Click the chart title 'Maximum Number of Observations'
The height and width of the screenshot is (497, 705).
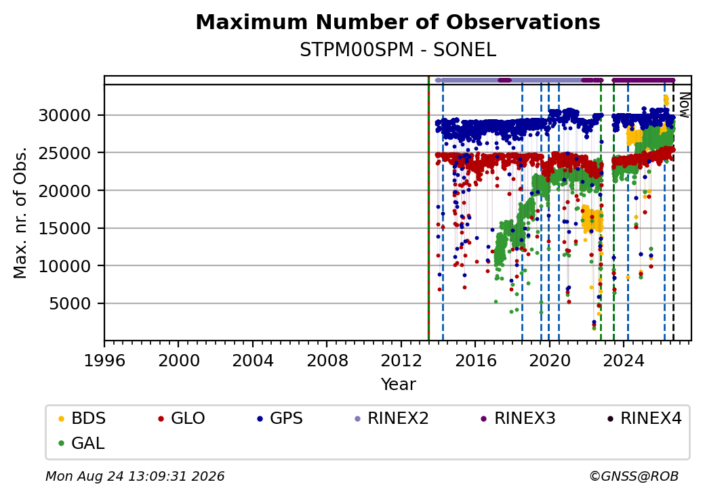tap(398, 22)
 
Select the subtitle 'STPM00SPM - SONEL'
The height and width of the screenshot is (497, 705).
tap(398, 50)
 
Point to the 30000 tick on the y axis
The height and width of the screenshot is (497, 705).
tap(65, 115)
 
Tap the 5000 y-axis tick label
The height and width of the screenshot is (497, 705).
tap(70, 304)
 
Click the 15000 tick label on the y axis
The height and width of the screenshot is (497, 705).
tap(65, 228)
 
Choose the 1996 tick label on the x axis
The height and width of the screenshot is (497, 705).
tap(104, 360)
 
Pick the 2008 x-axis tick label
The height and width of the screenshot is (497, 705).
tap(327, 360)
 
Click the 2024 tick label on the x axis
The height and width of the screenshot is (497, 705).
tap(624, 360)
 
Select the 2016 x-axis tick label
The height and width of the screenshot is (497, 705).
tap(475, 360)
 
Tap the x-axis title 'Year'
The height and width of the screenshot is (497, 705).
tap(399, 385)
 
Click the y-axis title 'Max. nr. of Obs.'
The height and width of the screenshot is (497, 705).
tap(20, 213)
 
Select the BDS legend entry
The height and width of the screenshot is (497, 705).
tap(82, 418)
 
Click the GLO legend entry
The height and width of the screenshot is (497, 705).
tap(182, 418)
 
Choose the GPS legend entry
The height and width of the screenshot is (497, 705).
tap(280, 418)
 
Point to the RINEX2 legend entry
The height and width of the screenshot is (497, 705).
tap(392, 418)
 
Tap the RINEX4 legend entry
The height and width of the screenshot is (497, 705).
tap(644, 418)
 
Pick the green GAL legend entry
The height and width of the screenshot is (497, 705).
tap(81, 443)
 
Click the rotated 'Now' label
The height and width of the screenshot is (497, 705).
tap(684, 105)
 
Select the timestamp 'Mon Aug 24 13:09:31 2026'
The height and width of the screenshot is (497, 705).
tap(135, 476)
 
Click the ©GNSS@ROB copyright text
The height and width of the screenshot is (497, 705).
tap(634, 476)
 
